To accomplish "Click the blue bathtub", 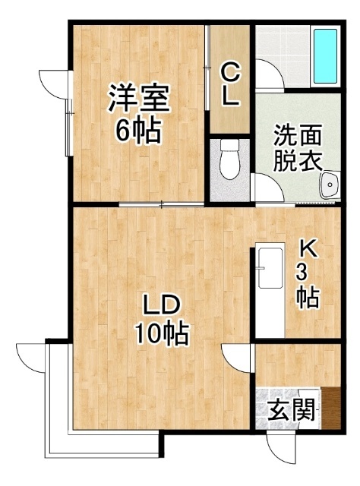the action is click(325, 56).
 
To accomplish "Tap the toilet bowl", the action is click(230, 159).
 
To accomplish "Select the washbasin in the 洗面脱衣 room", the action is click(330, 185).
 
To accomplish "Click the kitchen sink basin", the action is click(270, 268).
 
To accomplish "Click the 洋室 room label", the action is click(139, 98).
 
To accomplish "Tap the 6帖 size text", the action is click(138, 130).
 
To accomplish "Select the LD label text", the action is click(161, 305).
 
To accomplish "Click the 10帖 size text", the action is click(162, 333).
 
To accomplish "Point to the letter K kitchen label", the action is click(308, 249).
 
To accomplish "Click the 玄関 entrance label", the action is click(291, 409).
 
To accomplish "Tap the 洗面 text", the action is click(297, 135).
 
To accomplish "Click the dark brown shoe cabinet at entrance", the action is click(331, 408).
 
